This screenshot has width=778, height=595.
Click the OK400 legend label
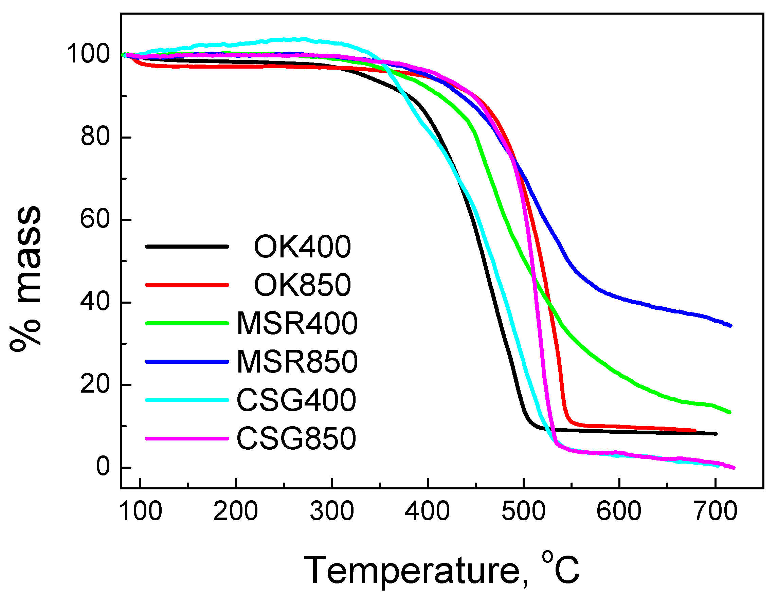(302, 247)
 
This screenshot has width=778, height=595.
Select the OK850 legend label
(302, 285)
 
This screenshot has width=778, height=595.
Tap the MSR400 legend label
(297, 323)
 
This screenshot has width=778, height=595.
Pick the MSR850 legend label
(297, 362)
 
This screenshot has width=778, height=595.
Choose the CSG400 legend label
(296, 400)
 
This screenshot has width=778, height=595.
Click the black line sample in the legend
(187, 247)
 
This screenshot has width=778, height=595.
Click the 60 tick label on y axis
(95, 219)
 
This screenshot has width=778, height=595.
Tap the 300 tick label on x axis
(332, 511)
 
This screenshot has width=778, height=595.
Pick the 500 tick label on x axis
(523, 511)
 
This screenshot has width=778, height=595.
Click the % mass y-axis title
(25, 278)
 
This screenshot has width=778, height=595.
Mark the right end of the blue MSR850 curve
(730, 325)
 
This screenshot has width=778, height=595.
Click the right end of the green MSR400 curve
(729, 412)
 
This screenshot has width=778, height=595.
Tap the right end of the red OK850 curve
(695, 431)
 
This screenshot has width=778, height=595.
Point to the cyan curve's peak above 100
(304, 39)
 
